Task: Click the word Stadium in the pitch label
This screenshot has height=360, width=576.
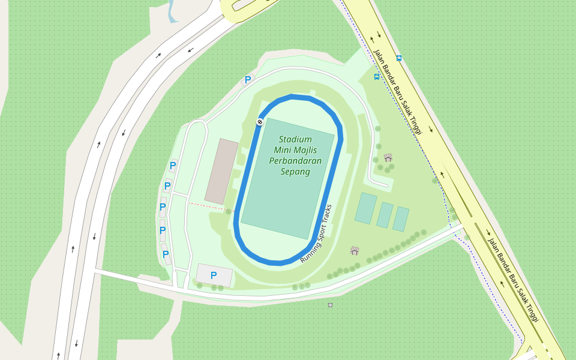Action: pyautogui.click(x=295, y=139)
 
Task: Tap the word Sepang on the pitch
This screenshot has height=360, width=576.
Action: pyautogui.click(x=295, y=172)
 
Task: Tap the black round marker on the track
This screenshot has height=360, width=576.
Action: pyautogui.click(x=260, y=122)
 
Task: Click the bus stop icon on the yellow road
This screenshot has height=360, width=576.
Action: pyautogui.click(x=399, y=58)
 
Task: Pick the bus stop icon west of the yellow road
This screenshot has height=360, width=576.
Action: pyautogui.click(x=377, y=77)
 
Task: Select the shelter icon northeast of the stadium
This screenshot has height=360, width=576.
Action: pyautogui.click(x=388, y=157)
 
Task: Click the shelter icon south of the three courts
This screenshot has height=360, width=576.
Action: pyautogui.click(x=355, y=250)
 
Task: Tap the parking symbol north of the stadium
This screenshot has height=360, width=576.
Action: pyautogui.click(x=247, y=80)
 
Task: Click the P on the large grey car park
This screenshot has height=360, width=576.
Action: pyautogui.click(x=214, y=275)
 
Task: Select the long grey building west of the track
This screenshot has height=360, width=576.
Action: pyautogui.click(x=221, y=171)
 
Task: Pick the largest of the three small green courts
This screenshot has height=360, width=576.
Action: pyautogui.click(x=365, y=208)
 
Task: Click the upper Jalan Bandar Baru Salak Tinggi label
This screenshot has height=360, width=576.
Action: pyautogui.click(x=398, y=92)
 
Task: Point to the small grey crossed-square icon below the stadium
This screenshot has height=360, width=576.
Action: pyautogui.click(x=330, y=305)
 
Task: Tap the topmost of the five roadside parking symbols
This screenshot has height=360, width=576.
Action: pyautogui.click(x=173, y=166)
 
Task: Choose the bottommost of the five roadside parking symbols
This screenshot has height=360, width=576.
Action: pyautogui.click(x=166, y=254)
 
